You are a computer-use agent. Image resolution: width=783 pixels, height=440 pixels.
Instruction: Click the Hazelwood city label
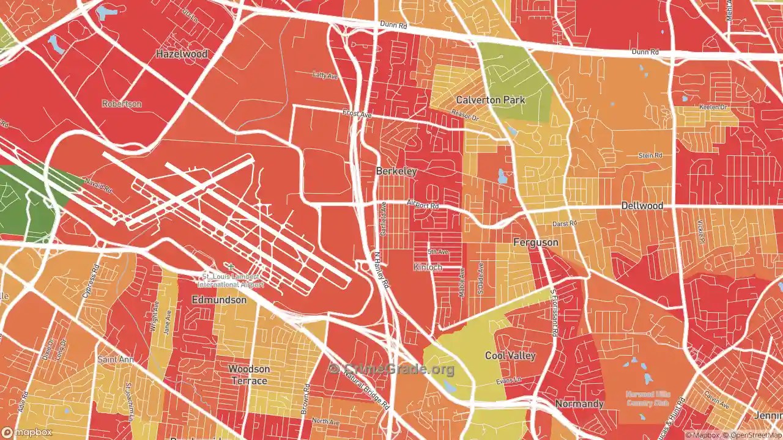(x=182, y=54)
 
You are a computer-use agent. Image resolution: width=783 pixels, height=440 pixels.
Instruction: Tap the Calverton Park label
(x=491, y=100)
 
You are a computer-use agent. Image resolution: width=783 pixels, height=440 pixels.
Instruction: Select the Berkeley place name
(x=396, y=171)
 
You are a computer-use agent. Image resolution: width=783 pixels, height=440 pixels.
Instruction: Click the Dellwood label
(x=642, y=206)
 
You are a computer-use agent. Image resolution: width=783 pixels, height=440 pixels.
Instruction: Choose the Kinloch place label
(x=427, y=267)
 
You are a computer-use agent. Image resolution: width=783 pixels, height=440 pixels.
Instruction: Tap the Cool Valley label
(x=510, y=356)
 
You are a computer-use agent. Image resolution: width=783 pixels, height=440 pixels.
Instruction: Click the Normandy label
(x=579, y=404)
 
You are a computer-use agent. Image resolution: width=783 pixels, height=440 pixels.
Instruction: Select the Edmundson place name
(x=219, y=300)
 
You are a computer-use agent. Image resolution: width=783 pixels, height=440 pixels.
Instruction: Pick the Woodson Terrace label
(x=249, y=375)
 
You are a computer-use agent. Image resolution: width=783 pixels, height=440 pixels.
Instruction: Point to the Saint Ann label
(x=116, y=360)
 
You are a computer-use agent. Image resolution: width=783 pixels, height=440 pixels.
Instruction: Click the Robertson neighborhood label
(x=122, y=104)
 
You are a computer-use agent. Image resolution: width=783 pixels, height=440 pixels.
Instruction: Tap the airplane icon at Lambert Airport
(x=230, y=266)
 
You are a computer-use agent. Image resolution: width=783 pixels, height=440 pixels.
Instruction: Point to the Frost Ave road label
(x=357, y=114)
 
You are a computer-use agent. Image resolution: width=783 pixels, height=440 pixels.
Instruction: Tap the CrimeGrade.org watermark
(x=391, y=369)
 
